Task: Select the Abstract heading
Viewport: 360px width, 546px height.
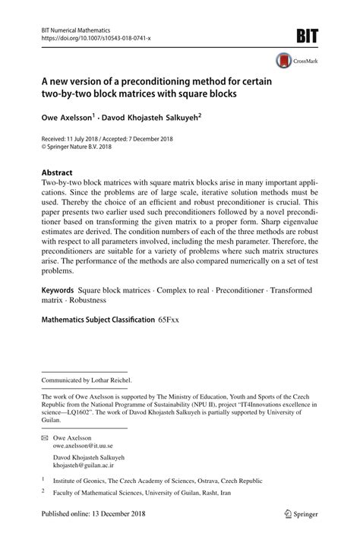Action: point(57,172)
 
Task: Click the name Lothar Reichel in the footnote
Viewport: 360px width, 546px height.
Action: point(111,380)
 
